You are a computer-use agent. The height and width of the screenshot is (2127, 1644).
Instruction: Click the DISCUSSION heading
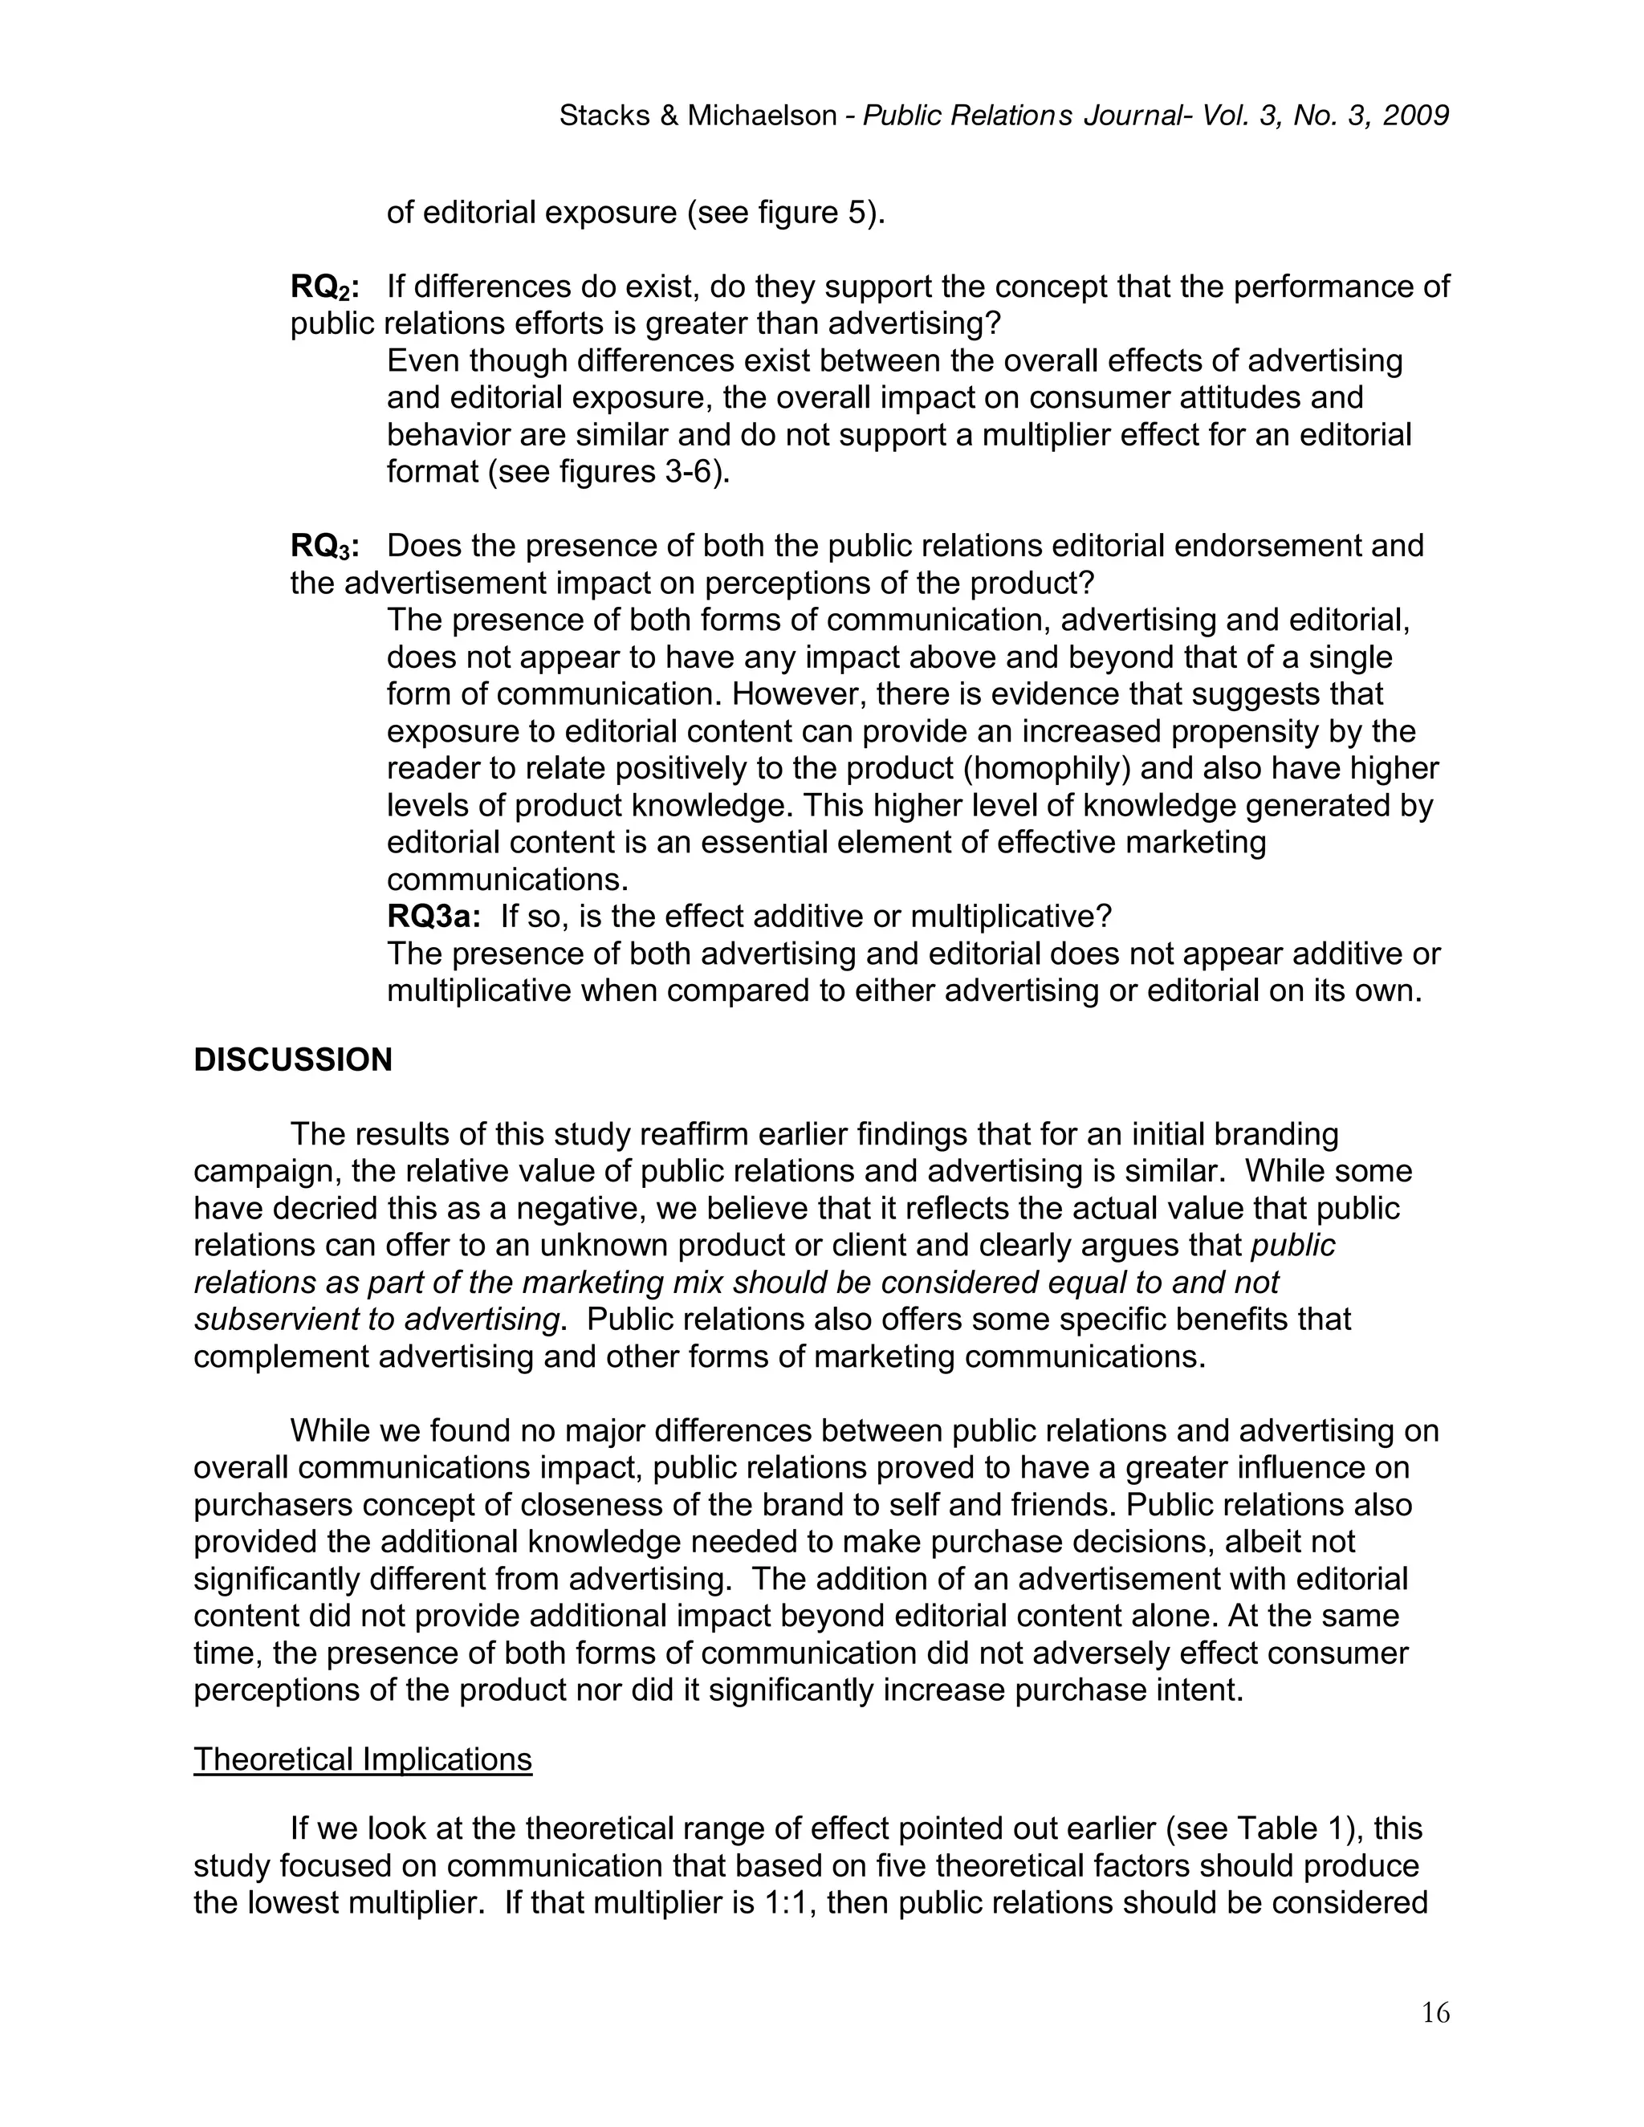click(x=292, y=1060)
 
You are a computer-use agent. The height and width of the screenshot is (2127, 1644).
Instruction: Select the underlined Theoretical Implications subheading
click(x=362, y=1759)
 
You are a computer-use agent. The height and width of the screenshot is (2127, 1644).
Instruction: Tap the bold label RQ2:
click(x=324, y=287)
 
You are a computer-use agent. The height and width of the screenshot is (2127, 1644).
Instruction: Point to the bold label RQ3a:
click(x=433, y=917)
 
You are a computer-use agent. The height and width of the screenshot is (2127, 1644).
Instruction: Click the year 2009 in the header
click(x=1415, y=116)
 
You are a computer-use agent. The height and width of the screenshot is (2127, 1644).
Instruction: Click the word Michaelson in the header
click(x=763, y=116)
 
